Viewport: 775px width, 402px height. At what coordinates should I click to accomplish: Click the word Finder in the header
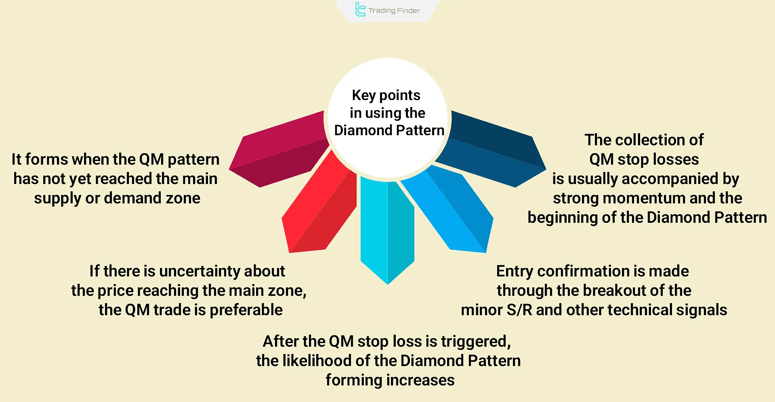408,10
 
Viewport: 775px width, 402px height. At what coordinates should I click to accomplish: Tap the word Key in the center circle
363,95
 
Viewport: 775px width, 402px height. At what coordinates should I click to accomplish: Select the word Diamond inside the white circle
363,130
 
